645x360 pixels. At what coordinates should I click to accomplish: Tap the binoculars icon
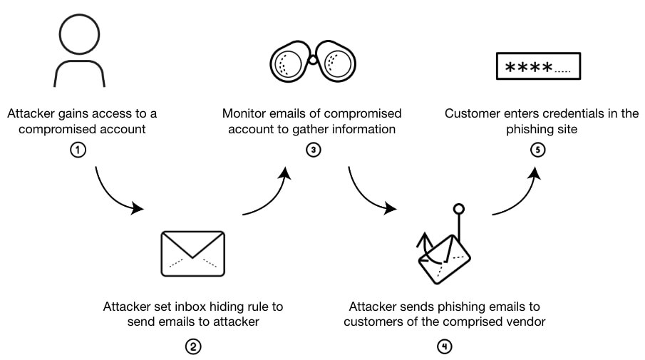click(312, 63)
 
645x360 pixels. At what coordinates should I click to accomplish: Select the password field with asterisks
click(539, 68)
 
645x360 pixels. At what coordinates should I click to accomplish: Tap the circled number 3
click(312, 152)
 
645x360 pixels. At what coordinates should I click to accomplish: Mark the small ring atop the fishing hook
click(460, 209)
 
